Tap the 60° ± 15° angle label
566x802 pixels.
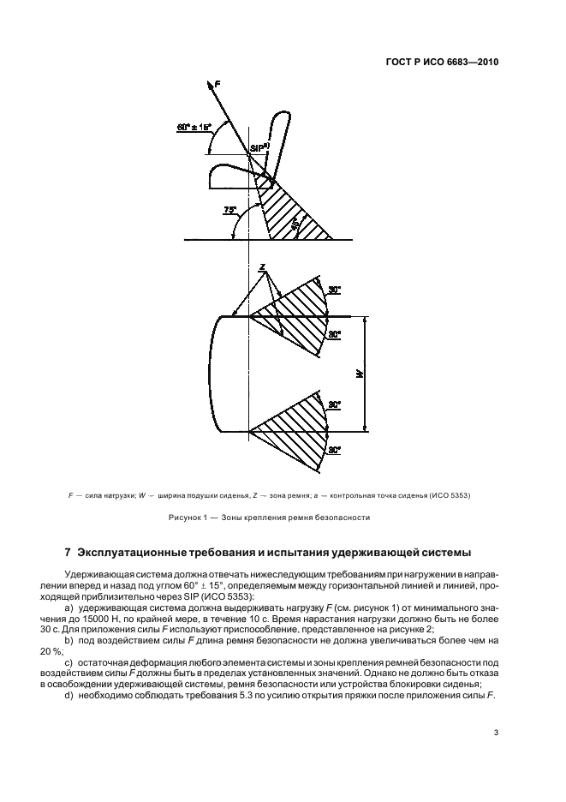[x=194, y=127]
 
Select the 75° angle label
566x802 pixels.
[x=229, y=209]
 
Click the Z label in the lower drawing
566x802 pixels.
[x=262, y=267]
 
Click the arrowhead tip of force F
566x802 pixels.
[x=208, y=82]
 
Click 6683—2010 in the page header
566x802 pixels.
[x=474, y=63]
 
